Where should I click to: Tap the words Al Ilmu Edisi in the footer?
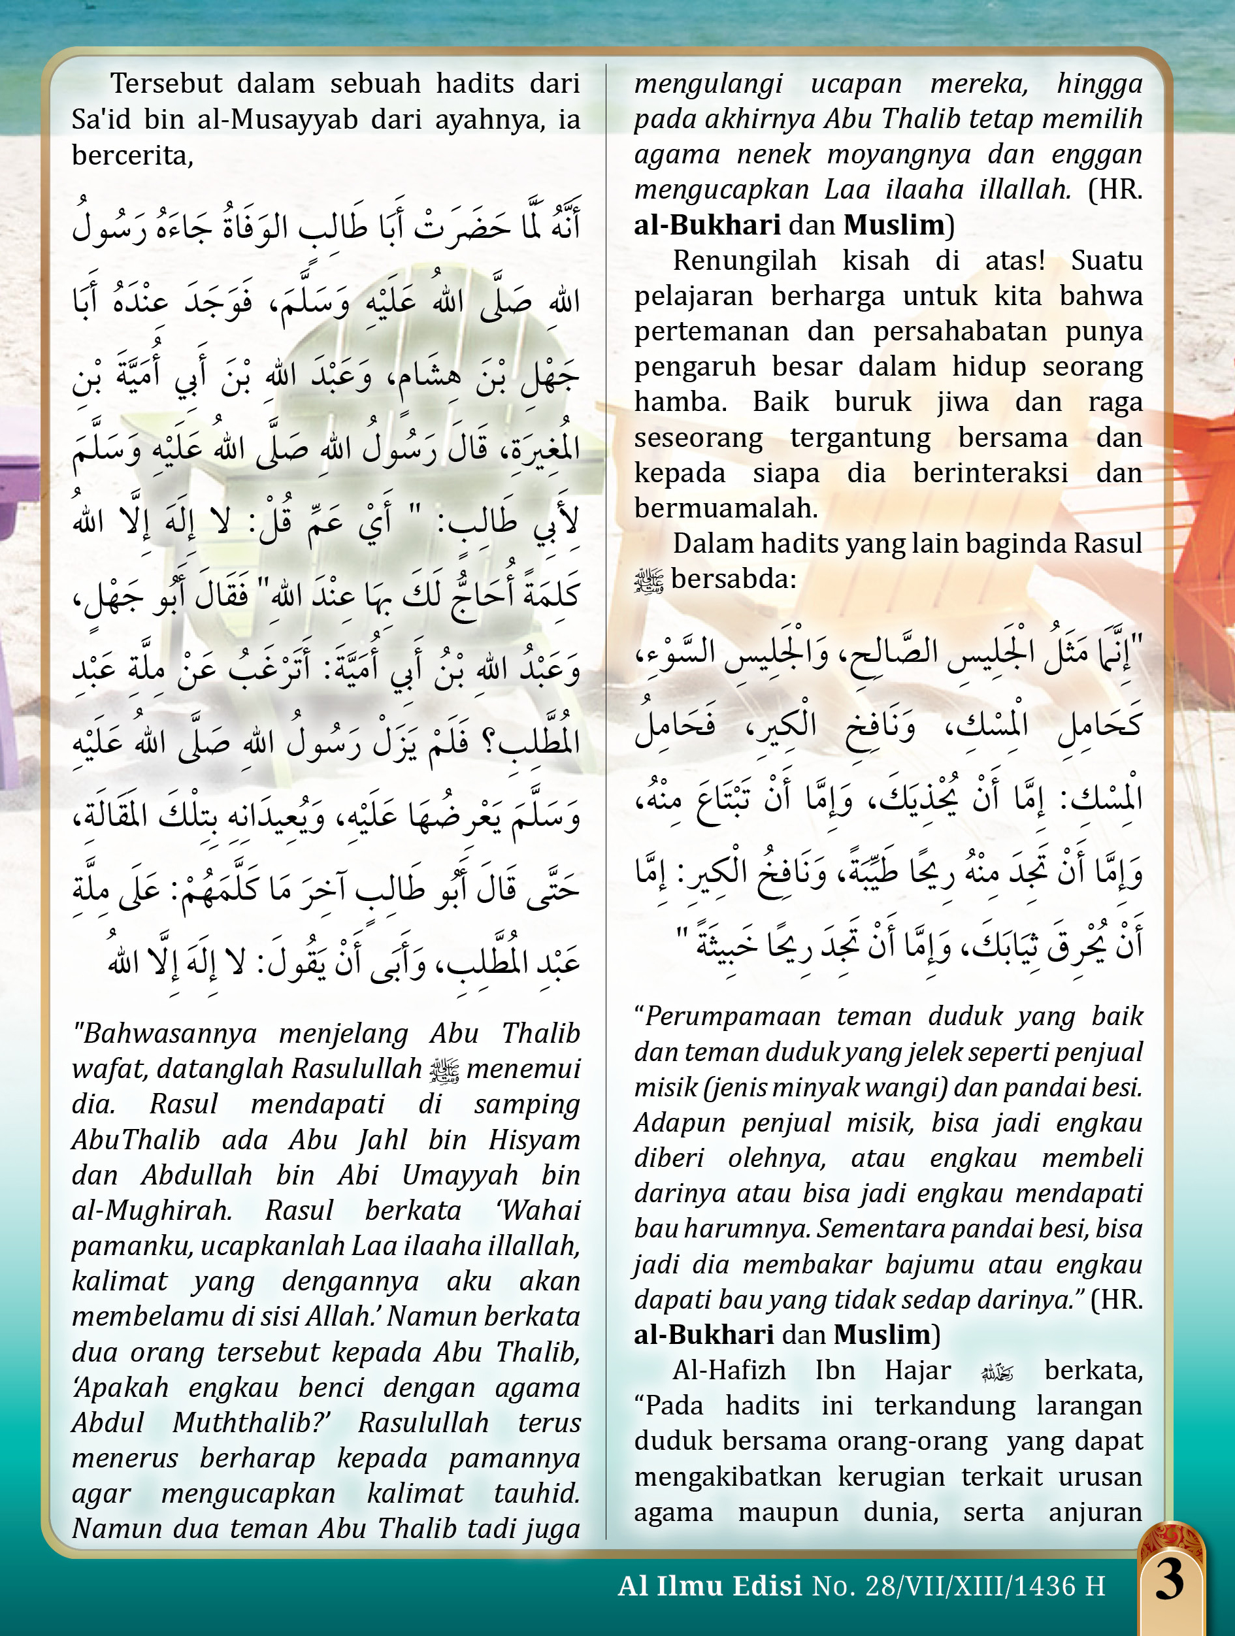(710, 1586)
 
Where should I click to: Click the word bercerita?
(131, 155)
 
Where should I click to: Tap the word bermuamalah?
(725, 508)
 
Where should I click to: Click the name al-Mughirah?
(152, 1211)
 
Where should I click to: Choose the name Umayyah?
(460, 1175)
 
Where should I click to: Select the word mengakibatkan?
(728, 1477)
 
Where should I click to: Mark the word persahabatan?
(959, 331)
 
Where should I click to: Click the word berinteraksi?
(990, 472)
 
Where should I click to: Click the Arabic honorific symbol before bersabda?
(650, 581)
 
